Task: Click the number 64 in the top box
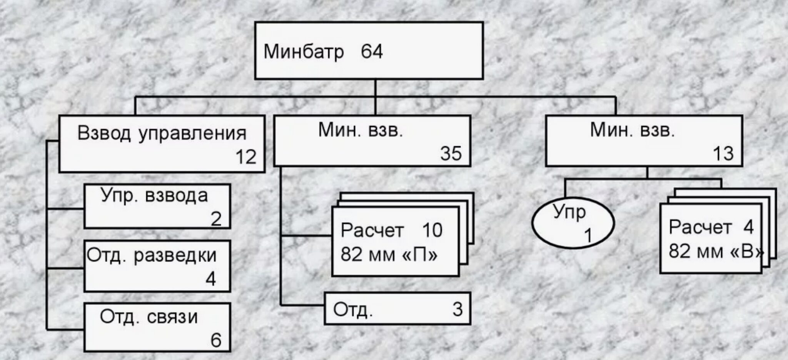click(x=372, y=52)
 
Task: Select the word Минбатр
click(x=304, y=52)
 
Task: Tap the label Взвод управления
click(x=162, y=133)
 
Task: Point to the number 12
click(x=246, y=157)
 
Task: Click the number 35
click(x=451, y=153)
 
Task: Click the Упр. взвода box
click(x=157, y=206)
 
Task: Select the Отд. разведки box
click(x=157, y=266)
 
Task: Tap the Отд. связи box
click(x=157, y=327)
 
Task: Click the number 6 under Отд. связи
click(x=216, y=340)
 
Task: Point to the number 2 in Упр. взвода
click(x=216, y=219)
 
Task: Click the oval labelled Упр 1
click(x=573, y=223)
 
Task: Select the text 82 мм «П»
click(x=389, y=254)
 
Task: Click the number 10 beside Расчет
click(x=432, y=230)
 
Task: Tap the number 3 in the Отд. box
click(x=457, y=309)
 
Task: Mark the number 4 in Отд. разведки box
click(x=210, y=279)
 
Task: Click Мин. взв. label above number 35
click(x=361, y=131)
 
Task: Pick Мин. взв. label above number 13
click(x=633, y=131)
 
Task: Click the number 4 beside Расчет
click(x=748, y=227)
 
